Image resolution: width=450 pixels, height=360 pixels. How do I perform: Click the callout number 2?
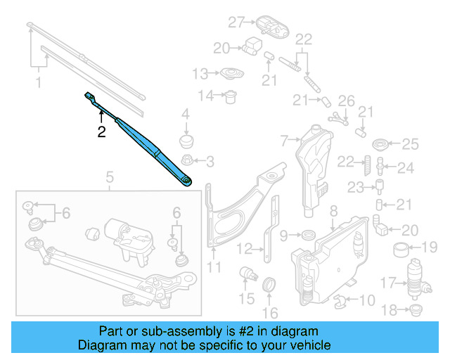tap(101, 131)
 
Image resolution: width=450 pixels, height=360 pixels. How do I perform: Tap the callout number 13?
tap(200, 73)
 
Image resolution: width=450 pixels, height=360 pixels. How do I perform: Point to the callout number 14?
tap(205, 96)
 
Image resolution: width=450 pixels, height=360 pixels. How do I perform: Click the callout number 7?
tap(284, 141)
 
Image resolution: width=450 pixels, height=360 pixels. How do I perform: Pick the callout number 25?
tap(409, 145)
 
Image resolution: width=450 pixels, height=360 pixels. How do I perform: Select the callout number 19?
tap(429, 247)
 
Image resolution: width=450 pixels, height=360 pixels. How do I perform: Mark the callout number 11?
tap(214, 267)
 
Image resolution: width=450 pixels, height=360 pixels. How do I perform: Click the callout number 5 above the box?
tap(110, 176)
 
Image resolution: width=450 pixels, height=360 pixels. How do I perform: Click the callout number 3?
tap(210, 162)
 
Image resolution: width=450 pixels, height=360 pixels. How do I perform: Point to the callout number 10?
tap(367, 302)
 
